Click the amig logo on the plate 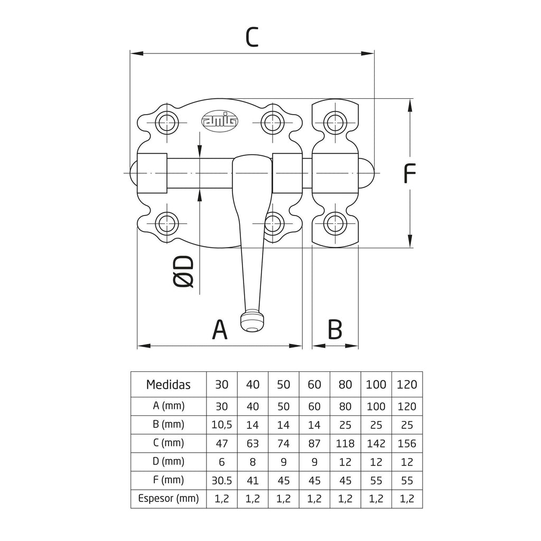[x=220, y=121]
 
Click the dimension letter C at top [x=252, y=37]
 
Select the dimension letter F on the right [x=409, y=173]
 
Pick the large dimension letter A [x=220, y=330]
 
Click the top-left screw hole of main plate [x=167, y=122]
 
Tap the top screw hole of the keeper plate [x=335, y=122]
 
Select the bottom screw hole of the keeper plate [x=335, y=223]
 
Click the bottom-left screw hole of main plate [x=167, y=223]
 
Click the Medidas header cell [x=169, y=385]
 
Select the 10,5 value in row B [x=221, y=425]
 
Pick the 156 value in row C [x=407, y=443]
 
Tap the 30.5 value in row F [x=221, y=480]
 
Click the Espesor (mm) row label [x=169, y=499]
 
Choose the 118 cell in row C [x=346, y=443]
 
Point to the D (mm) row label [x=169, y=462]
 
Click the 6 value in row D [x=221, y=462]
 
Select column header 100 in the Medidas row [x=376, y=385]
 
